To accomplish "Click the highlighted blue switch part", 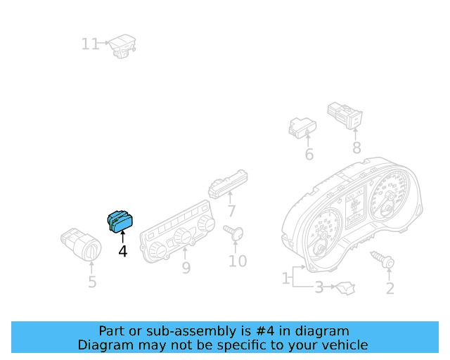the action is [x=120, y=221].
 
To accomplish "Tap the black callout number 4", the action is [x=123, y=251].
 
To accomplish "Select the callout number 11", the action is [x=91, y=44].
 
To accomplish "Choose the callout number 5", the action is [x=92, y=282].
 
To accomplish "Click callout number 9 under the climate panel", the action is [x=186, y=268].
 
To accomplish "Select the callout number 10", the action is [x=238, y=261].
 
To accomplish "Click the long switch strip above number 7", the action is [x=228, y=184].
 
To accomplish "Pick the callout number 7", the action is [x=231, y=211].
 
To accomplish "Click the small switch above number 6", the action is [x=302, y=128].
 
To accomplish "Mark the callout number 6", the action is [x=309, y=155].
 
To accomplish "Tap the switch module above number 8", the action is [x=345, y=115].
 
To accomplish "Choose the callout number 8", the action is [x=356, y=148].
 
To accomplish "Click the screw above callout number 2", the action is [x=382, y=259].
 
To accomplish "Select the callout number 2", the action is [x=390, y=288].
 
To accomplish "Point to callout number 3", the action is [x=319, y=288].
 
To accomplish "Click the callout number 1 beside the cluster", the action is [x=285, y=278].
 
